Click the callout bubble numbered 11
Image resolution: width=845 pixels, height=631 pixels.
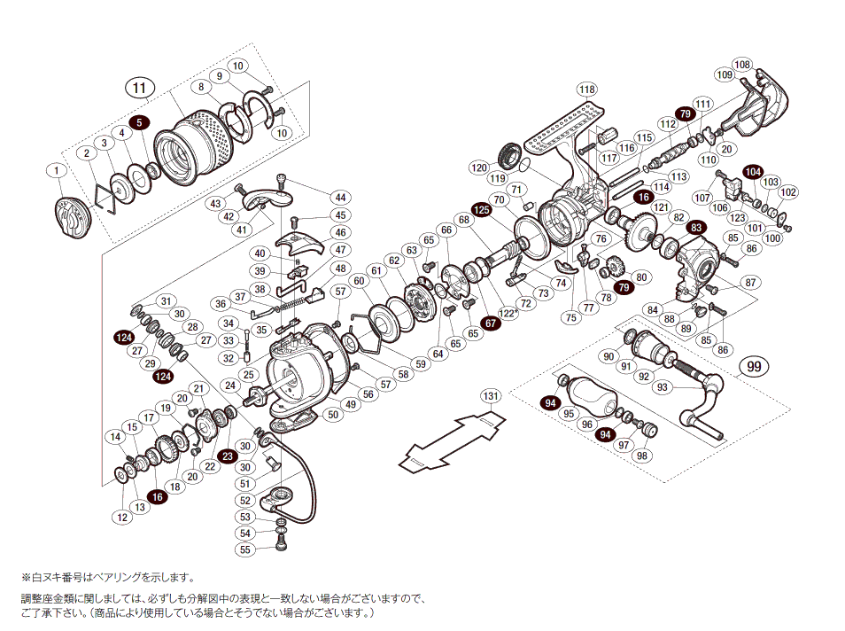tap(139, 88)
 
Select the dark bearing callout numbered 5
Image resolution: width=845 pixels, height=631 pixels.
tap(140, 123)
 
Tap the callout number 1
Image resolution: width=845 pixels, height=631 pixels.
tap(57, 170)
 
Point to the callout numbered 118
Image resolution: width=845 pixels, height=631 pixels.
tap(587, 90)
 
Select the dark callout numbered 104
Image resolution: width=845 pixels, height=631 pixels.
tap(753, 171)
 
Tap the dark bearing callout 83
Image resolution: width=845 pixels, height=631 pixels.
tap(697, 228)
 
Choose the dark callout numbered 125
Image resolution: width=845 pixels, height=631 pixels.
tap(481, 210)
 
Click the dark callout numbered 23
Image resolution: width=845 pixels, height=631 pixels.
tap(226, 457)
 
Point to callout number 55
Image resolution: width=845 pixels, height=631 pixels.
tap(245, 549)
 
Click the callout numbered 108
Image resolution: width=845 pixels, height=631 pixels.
tap(742, 65)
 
